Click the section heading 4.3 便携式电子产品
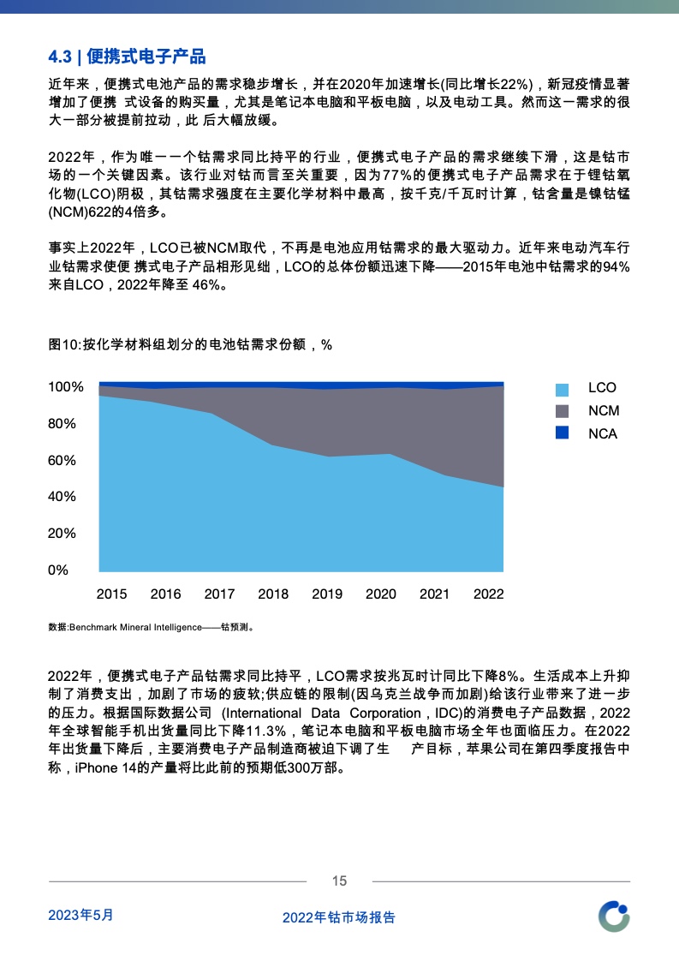(127, 57)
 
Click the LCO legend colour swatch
(562, 389)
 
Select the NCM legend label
(604, 411)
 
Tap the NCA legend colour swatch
(562, 433)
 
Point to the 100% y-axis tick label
(66, 387)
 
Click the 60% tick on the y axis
(63, 460)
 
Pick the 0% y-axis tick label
(58, 570)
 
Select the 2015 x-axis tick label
(111, 594)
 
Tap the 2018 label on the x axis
(273, 594)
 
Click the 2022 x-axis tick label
(489, 594)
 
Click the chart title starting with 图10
(190, 344)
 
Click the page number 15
(339, 881)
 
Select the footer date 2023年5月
(80, 915)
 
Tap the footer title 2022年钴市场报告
(339, 917)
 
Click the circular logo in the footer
(614, 916)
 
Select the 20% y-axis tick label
(63, 533)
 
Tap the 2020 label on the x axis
(381, 594)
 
